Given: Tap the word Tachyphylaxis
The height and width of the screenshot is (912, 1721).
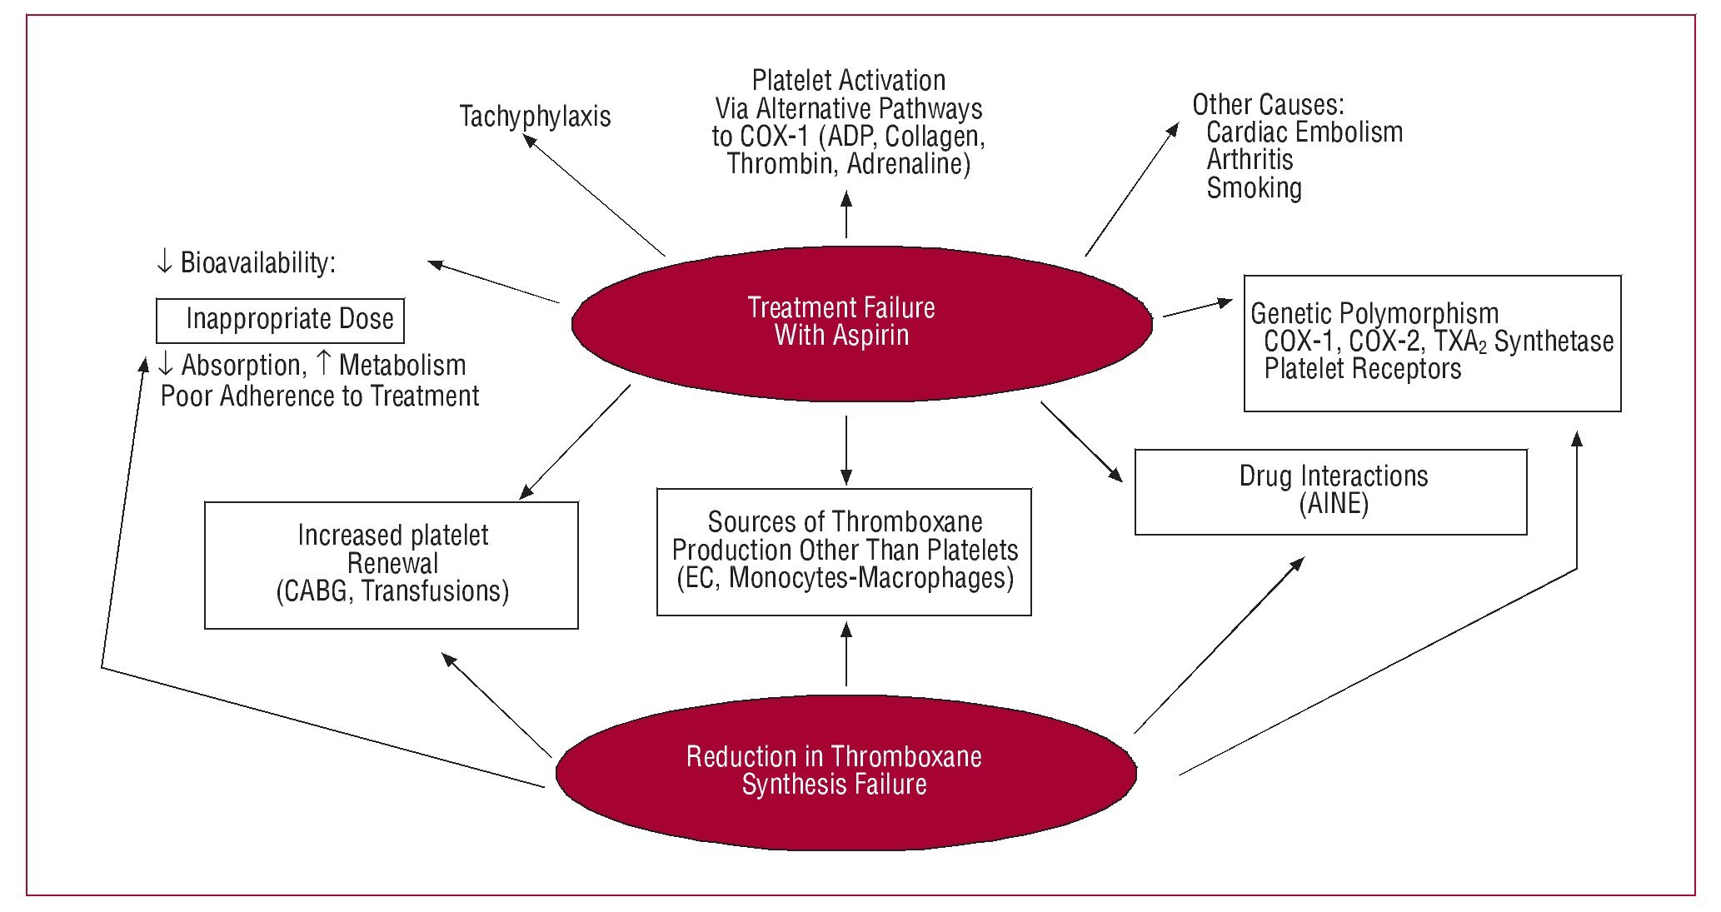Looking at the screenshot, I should click(x=535, y=117).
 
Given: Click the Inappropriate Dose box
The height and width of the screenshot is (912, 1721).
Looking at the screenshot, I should click(x=281, y=320).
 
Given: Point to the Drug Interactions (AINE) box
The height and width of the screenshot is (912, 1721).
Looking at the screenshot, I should click(x=1330, y=491).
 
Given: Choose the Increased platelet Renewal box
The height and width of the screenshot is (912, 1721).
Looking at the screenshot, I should click(x=392, y=565).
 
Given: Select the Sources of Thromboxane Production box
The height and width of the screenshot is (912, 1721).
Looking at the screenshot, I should click(x=844, y=551).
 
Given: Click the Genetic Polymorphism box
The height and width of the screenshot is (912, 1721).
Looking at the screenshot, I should click(x=1432, y=343).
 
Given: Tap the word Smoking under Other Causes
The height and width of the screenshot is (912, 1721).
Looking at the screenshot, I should click(x=1254, y=188).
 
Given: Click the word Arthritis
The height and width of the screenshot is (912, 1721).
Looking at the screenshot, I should click(x=1250, y=160).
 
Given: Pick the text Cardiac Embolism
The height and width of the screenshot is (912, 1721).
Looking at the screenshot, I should click(x=1304, y=132).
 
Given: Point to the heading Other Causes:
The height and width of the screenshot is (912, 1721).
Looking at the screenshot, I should click(x=1267, y=105).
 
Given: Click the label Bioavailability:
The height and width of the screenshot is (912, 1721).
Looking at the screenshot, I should click(x=257, y=263).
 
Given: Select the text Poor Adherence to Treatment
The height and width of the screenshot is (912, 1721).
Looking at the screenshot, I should click(x=320, y=396).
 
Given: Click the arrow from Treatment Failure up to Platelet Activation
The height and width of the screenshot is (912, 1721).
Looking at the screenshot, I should click(x=846, y=215).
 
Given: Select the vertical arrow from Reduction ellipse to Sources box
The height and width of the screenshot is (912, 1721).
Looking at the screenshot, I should click(x=846, y=655).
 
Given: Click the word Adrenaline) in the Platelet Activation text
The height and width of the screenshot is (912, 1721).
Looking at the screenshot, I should click(x=909, y=164).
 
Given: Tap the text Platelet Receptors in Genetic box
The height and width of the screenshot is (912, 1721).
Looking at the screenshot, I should click(x=1362, y=369).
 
